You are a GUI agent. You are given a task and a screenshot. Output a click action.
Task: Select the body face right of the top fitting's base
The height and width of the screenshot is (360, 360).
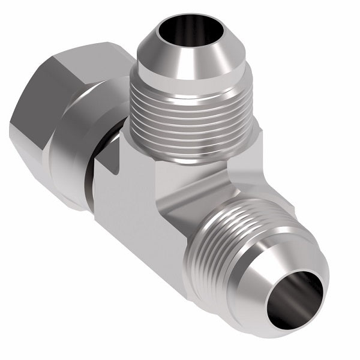(x=249, y=156)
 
